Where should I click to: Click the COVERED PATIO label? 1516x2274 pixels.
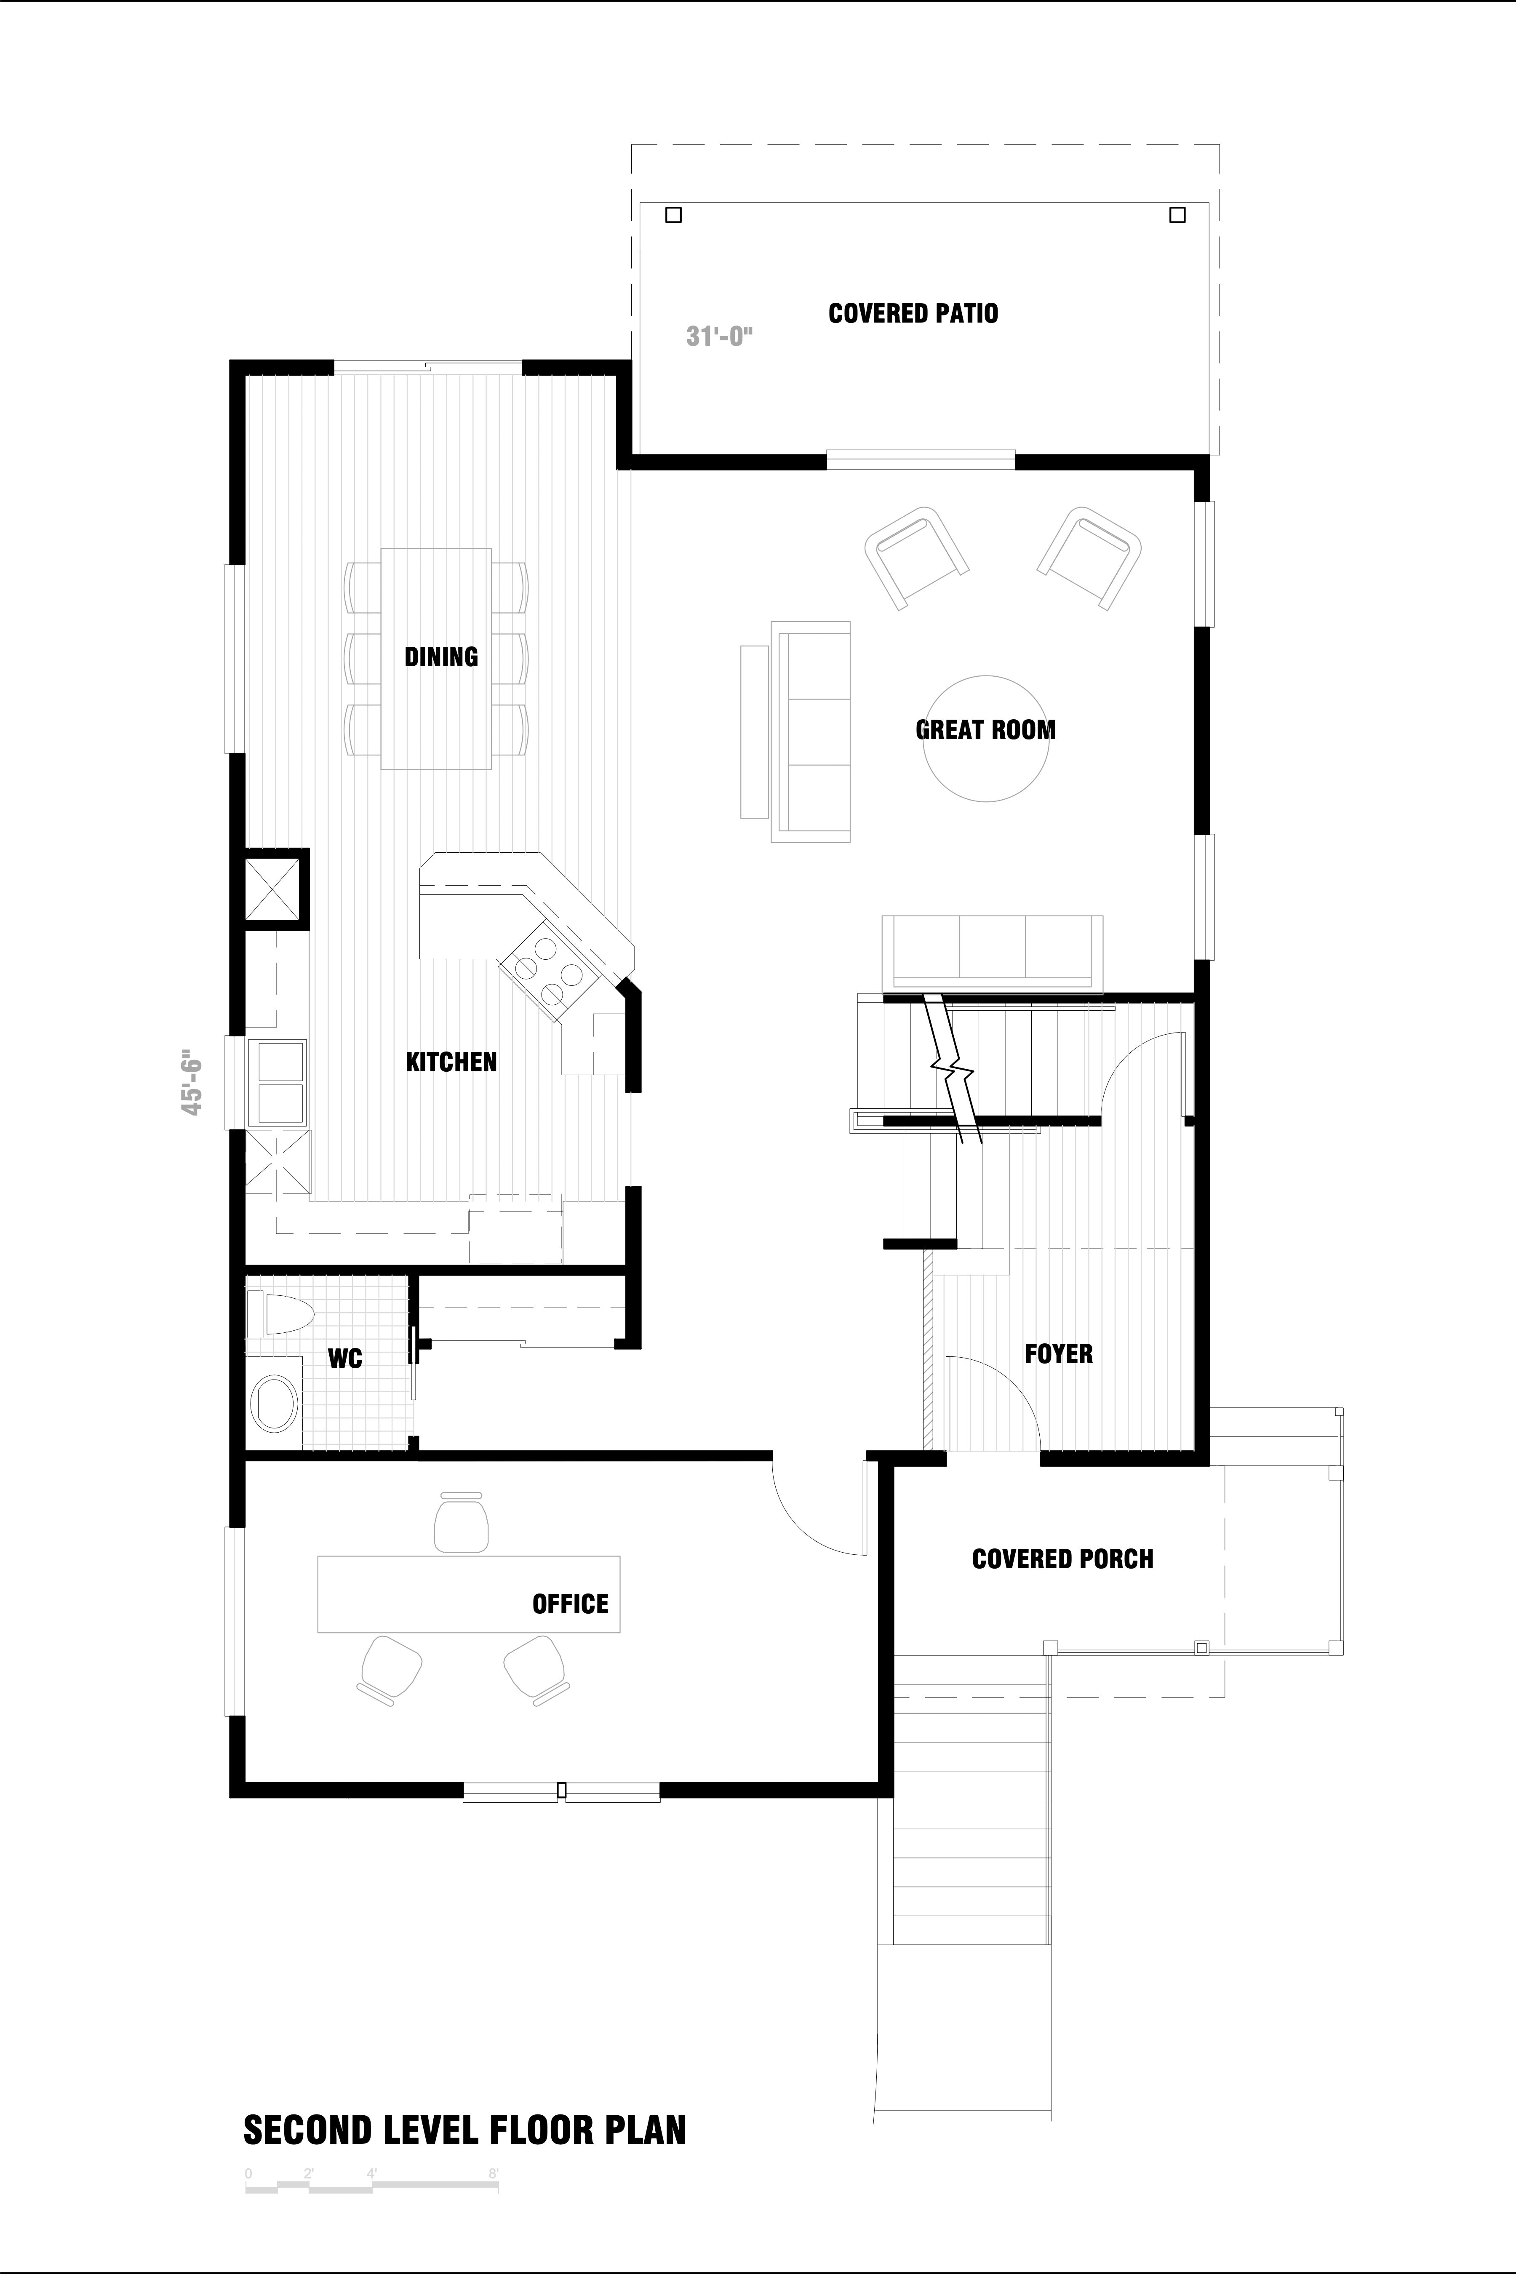913,313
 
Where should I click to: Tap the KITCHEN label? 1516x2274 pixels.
451,1062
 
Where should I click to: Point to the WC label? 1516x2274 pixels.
345,1359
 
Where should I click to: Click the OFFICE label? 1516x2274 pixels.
571,1604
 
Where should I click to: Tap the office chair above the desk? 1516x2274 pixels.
461,1523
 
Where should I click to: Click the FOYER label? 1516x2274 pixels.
1059,1353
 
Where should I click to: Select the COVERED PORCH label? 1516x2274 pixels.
1062,1559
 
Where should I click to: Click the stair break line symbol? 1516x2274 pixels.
952,1068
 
